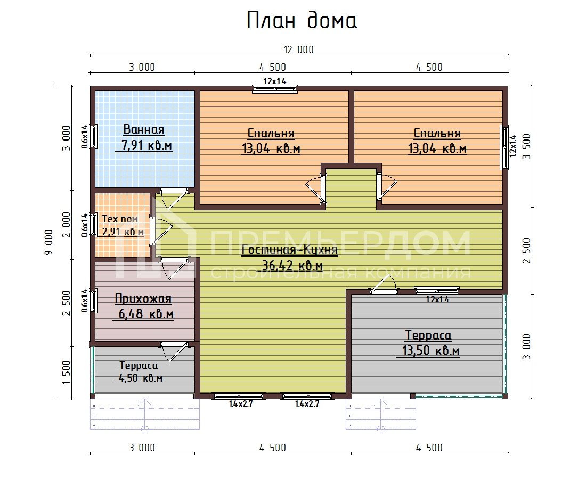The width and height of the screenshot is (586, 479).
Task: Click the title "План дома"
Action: coord(302,21)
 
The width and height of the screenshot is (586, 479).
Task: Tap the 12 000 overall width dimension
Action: coord(298,50)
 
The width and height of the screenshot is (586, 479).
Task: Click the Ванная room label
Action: coord(144,129)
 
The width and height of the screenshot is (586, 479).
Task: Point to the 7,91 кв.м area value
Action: coord(144,145)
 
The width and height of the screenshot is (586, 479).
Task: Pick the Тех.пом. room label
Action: coord(121,219)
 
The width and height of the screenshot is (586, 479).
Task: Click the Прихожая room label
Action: coord(143,299)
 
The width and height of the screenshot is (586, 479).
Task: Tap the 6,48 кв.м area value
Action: coord(143,315)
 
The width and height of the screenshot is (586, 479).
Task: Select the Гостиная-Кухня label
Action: coord(290,250)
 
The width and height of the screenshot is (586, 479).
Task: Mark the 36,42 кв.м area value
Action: coord(292,265)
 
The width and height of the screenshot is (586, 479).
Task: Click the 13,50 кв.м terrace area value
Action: coord(428,351)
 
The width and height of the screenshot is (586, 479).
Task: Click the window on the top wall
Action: coord(275,88)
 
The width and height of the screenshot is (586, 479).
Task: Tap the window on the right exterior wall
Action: coord(504,147)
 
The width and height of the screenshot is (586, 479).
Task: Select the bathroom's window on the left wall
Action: coord(94,136)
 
